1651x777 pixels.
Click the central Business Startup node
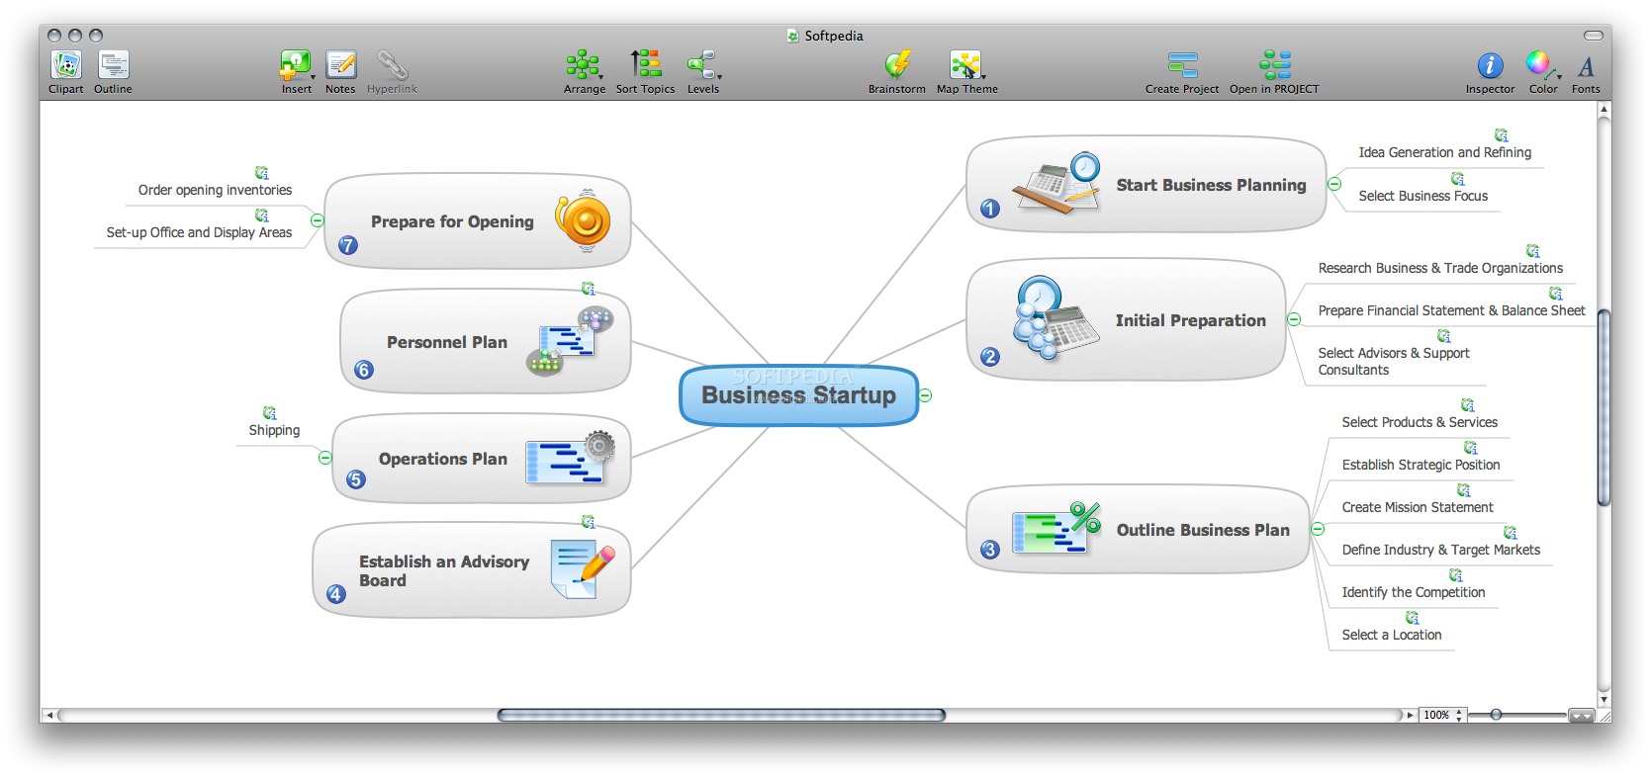(x=798, y=395)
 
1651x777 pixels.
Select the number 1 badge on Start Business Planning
(x=990, y=209)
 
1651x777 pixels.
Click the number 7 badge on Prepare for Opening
(x=348, y=245)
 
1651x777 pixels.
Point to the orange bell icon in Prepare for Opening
(x=584, y=220)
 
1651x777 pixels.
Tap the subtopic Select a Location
(x=1391, y=635)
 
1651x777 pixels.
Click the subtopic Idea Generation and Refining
(x=1444, y=152)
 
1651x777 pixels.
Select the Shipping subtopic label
(x=274, y=430)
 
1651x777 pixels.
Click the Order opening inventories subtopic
(x=215, y=190)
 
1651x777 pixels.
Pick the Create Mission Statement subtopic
(x=1417, y=507)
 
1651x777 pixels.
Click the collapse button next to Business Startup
(x=925, y=395)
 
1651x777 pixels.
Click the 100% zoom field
(x=1437, y=715)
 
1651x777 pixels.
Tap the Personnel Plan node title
(x=446, y=342)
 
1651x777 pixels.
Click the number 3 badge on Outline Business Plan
(x=990, y=550)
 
